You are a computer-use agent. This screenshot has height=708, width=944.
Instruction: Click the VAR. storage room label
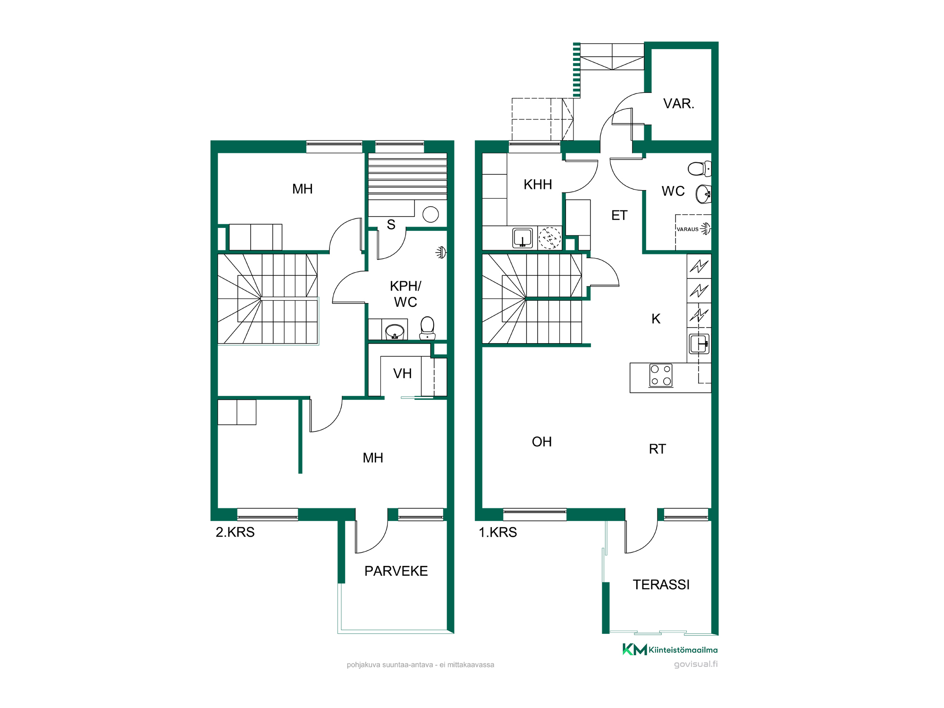tap(678, 103)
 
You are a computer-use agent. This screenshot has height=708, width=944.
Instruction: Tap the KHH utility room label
tap(538, 185)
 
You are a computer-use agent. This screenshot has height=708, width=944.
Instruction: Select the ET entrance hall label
tap(619, 216)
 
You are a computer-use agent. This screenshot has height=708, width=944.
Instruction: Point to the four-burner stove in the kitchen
tap(661, 375)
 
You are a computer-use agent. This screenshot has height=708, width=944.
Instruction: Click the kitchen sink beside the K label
tap(699, 344)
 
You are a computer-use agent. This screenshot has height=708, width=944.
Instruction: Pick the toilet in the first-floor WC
tap(700, 169)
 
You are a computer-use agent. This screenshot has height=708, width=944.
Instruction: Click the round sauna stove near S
tap(430, 215)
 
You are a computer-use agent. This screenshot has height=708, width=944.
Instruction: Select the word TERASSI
tap(661, 585)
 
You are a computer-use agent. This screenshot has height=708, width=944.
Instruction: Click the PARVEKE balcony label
tap(396, 571)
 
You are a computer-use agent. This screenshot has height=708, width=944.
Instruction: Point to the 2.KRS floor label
tap(235, 532)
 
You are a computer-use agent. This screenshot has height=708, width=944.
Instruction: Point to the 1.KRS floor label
tap(498, 532)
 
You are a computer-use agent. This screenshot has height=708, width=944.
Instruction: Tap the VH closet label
tap(403, 374)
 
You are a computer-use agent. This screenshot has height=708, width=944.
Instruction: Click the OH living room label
tap(542, 442)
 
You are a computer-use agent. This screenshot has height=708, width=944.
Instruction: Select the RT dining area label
tap(657, 449)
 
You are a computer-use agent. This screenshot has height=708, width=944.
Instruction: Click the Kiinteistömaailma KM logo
tap(670, 649)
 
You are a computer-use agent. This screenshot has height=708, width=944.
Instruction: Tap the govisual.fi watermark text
tap(696, 664)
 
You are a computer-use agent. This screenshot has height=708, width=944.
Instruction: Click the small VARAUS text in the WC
tap(687, 229)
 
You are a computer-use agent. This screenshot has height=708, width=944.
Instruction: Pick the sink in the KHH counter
tap(523, 238)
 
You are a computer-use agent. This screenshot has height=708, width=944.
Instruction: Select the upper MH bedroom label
tap(303, 189)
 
